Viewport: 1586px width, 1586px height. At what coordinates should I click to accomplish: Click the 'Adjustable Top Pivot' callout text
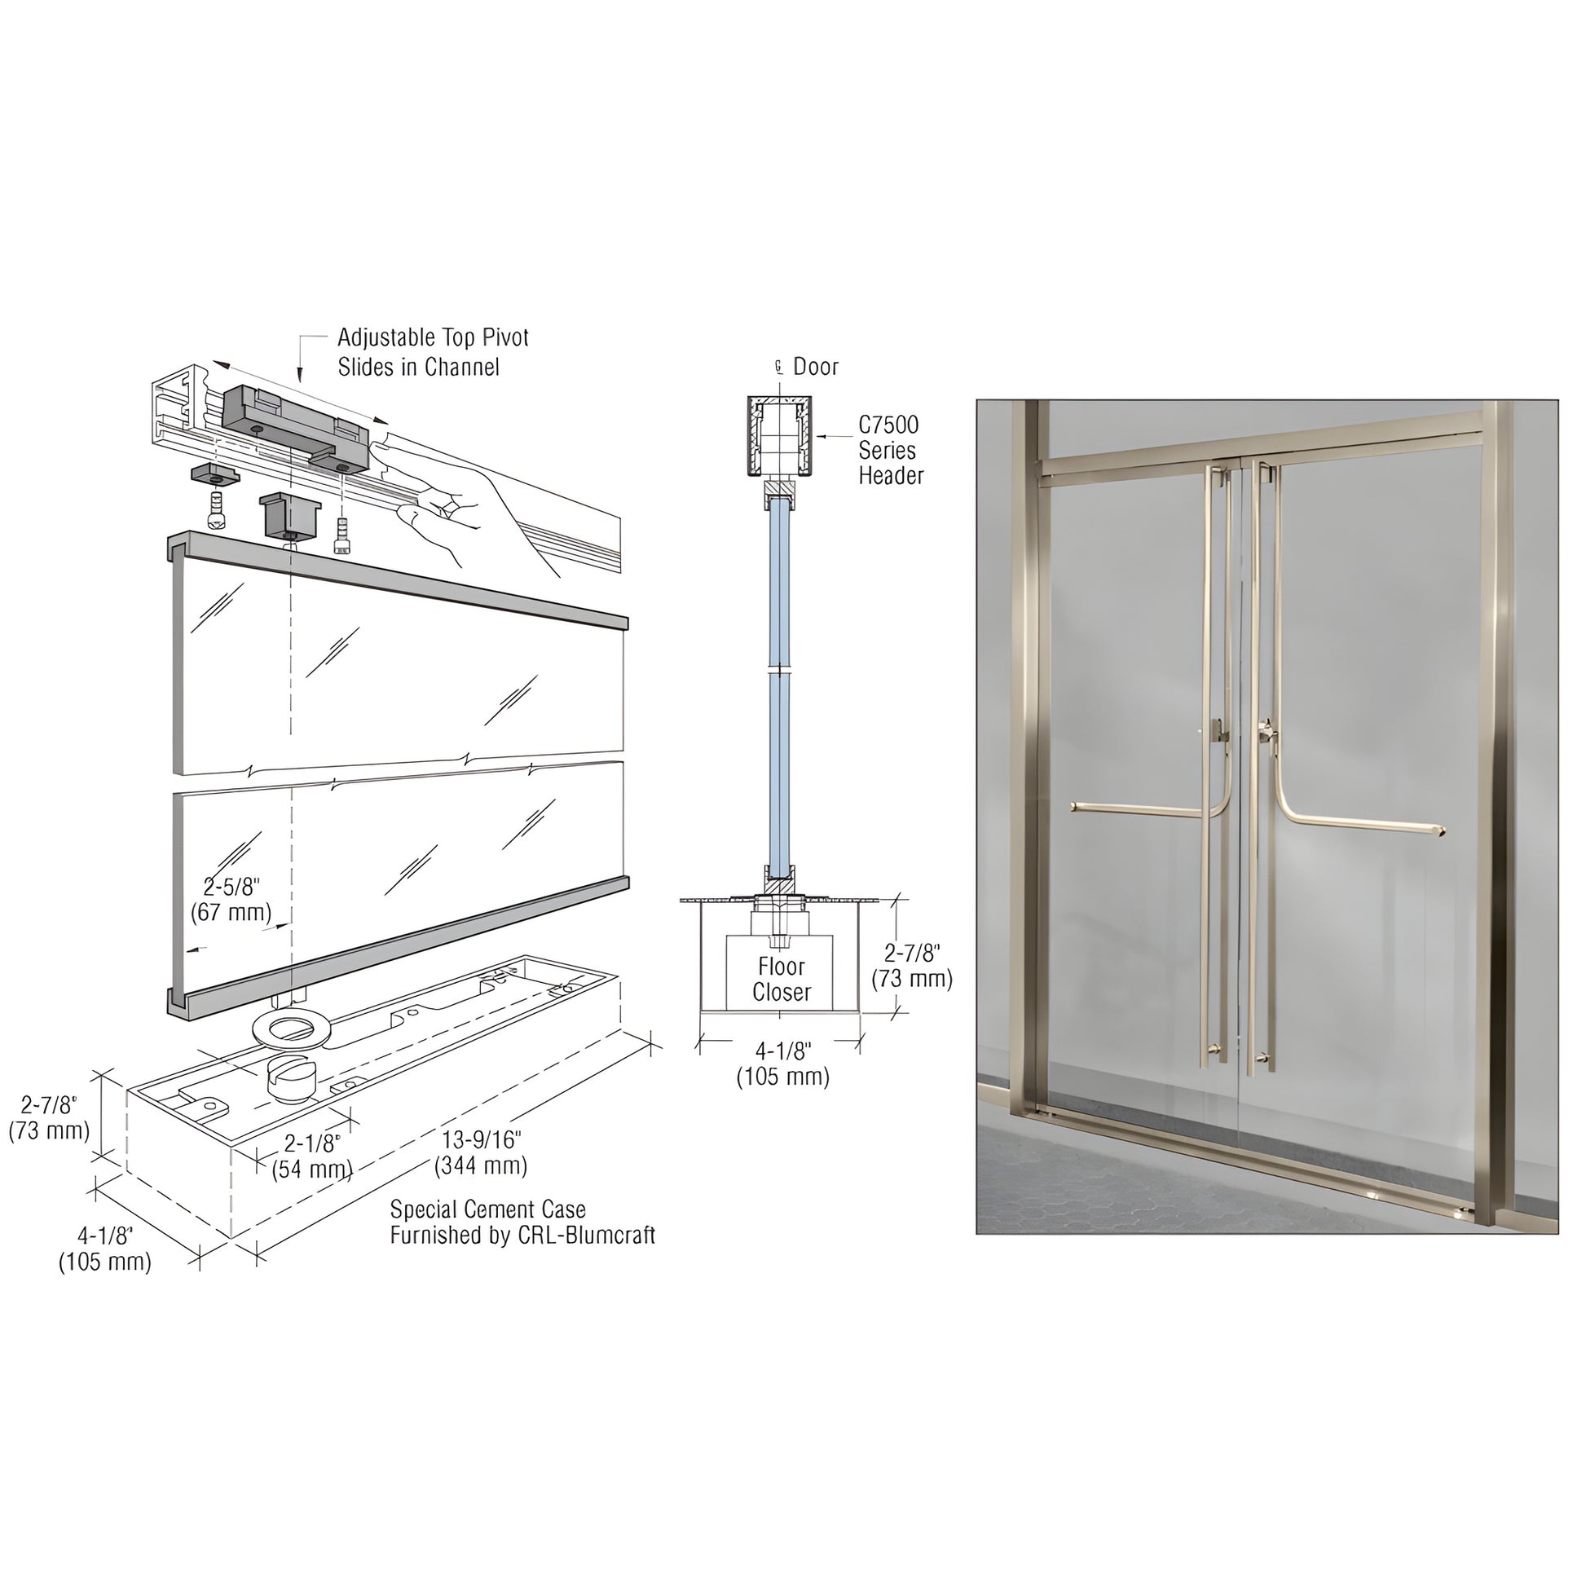tap(433, 338)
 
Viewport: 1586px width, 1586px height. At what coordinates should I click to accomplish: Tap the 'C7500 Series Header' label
tap(890, 450)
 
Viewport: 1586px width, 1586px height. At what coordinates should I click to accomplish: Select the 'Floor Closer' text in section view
tap(781, 980)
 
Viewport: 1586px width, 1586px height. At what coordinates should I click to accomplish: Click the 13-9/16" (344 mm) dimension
tap(481, 1152)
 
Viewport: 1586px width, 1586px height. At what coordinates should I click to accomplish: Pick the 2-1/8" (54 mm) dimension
tap(312, 1156)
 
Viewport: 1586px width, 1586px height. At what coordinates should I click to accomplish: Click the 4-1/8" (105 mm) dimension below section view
tap(782, 1063)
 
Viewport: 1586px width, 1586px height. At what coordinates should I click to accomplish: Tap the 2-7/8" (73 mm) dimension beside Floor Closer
tap(911, 966)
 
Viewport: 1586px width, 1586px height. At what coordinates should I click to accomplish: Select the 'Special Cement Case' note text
tap(487, 1209)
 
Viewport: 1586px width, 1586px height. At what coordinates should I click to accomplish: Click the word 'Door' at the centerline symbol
tap(815, 367)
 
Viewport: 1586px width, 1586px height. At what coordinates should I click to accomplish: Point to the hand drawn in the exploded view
tap(460, 500)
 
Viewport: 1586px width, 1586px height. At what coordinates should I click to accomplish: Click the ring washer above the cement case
tap(293, 1029)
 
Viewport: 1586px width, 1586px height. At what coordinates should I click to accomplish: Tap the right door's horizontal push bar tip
tap(1441, 831)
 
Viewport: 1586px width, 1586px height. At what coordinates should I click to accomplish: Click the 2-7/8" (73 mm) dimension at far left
tap(49, 1117)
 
